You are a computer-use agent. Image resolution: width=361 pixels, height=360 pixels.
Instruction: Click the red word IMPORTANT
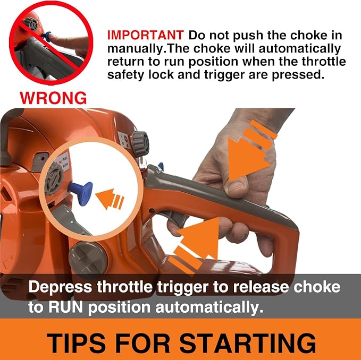(145, 35)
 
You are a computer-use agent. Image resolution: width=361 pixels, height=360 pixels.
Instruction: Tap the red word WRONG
(53, 98)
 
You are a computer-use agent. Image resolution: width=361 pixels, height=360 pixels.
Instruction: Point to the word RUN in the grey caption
(65, 307)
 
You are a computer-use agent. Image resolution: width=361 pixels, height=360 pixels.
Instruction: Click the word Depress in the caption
(60, 287)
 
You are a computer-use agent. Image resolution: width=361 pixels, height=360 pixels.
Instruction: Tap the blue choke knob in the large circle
(81, 193)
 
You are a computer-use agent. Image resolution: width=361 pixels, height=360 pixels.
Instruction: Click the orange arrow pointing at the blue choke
(110, 199)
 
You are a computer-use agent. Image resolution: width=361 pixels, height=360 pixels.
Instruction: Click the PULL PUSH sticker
(62, 161)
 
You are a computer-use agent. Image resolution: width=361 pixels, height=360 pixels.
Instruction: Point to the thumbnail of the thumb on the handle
(235, 187)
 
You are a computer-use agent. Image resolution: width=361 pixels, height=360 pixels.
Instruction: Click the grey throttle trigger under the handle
(175, 218)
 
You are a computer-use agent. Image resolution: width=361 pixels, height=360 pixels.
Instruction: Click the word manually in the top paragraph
(135, 49)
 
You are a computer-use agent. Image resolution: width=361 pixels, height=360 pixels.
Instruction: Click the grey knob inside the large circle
(54, 178)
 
